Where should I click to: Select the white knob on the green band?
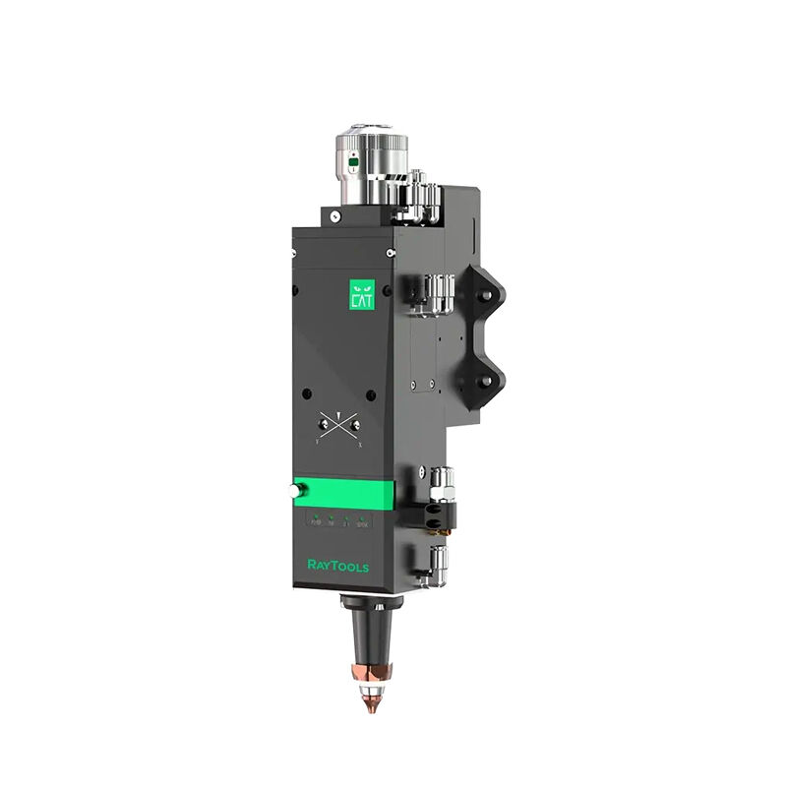(x=299, y=489)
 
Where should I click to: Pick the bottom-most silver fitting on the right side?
(x=436, y=565)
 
